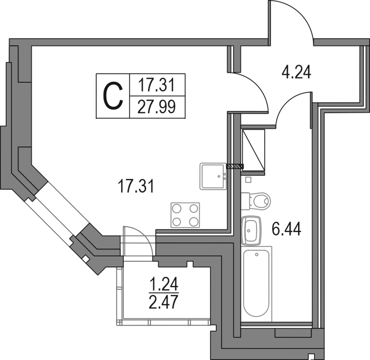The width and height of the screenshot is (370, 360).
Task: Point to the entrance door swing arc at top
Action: (x=291, y=21)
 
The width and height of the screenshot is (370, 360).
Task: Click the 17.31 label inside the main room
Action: (x=136, y=186)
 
